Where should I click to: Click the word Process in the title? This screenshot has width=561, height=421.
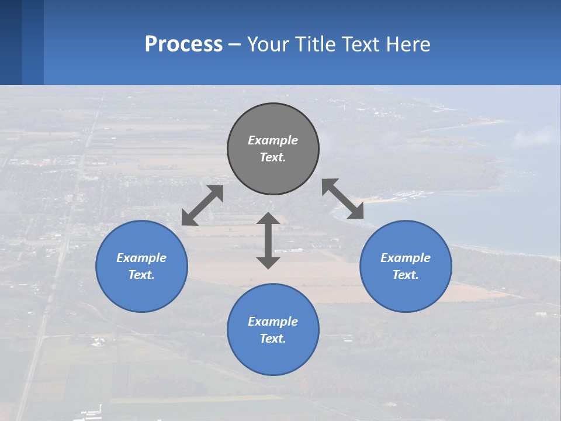pyautogui.click(x=183, y=44)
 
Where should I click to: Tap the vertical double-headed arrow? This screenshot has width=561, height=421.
pyautogui.click(x=268, y=240)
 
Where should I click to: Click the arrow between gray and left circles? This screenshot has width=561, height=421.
pyautogui.click(x=203, y=205)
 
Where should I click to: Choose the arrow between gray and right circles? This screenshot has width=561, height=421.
pyautogui.click(x=342, y=199)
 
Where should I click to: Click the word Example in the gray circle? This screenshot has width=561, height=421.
pyautogui.click(x=273, y=140)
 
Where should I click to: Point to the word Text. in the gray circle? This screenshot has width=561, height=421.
pyautogui.click(x=273, y=157)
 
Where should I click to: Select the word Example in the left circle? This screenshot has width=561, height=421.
pyautogui.click(x=141, y=258)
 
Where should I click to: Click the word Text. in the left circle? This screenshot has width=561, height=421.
pyautogui.click(x=141, y=275)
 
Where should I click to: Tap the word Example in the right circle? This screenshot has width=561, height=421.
pyautogui.click(x=406, y=258)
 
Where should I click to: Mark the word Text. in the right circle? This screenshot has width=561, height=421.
pyautogui.click(x=406, y=275)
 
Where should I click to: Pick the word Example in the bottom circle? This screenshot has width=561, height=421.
pyautogui.click(x=273, y=322)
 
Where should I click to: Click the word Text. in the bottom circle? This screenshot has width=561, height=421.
pyautogui.click(x=273, y=339)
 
